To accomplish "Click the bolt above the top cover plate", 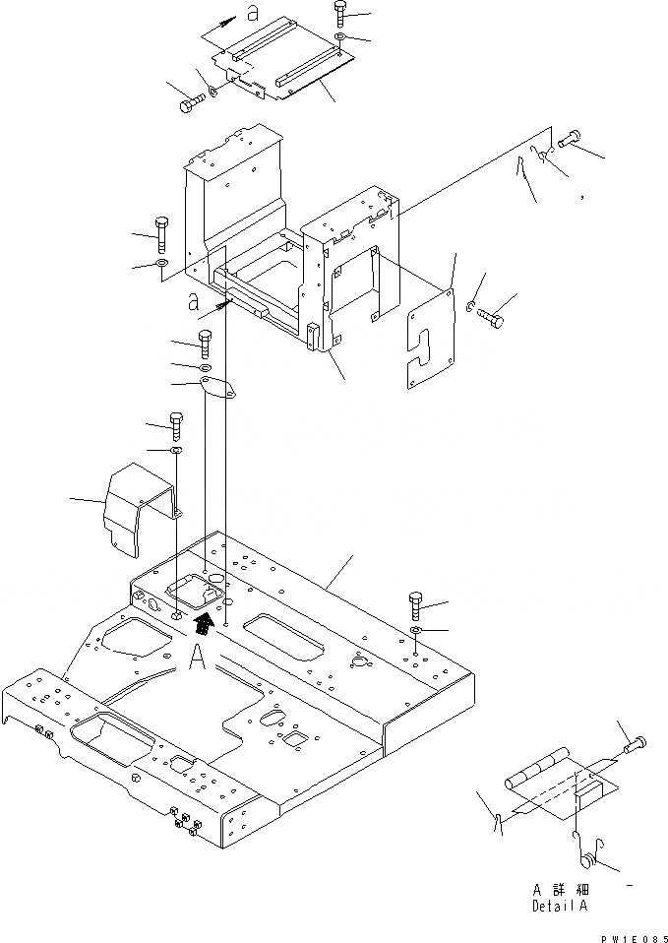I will point(340,13).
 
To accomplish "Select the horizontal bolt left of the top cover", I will point(192,101).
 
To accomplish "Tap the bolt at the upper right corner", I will point(570,141).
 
